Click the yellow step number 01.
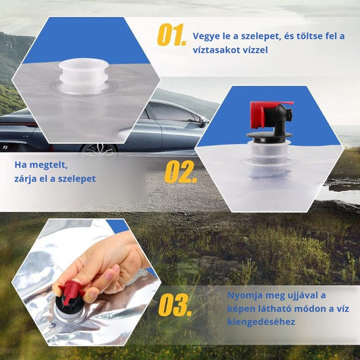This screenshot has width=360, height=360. pyautogui.click(x=172, y=35)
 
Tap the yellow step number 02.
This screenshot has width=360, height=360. pyautogui.click(x=180, y=172)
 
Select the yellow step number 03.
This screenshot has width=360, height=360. pyautogui.click(x=175, y=305)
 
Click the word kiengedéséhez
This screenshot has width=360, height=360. pyautogui.click(x=261, y=322)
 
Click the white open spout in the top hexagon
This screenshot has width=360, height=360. pyautogui.click(x=84, y=76)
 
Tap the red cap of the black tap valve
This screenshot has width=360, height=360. pyautogui.click(x=257, y=115)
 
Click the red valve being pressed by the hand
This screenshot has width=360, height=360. pyautogui.click(x=70, y=292)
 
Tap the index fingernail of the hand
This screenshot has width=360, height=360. pyautogui.click(x=115, y=269)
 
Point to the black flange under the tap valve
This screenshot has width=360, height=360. pyautogui.click(x=269, y=136)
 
